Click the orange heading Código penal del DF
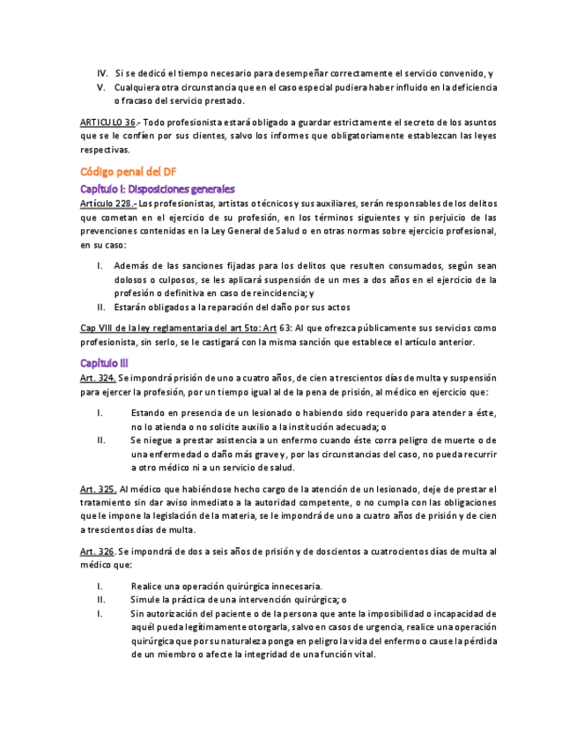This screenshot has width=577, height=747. coord(128,172)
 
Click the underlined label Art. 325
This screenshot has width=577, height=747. coord(98,488)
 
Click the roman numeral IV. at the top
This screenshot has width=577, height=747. coord(101,72)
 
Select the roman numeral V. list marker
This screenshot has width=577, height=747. coord(102,87)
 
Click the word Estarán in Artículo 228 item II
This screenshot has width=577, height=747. coord(131,307)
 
